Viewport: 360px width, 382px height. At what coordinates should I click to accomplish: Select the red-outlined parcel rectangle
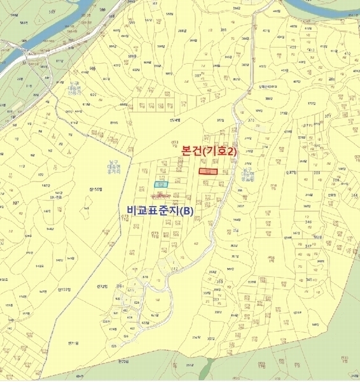click(208, 171)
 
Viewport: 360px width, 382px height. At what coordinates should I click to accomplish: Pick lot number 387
click(197, 75)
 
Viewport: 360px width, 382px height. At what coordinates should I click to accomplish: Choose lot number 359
click(219, 279)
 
